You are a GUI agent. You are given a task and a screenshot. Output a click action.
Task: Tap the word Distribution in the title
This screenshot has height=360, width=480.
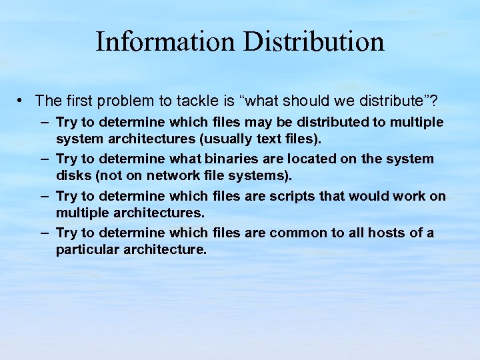[314, 41]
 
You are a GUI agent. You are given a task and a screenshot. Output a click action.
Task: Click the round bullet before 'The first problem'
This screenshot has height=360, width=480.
[22, 100]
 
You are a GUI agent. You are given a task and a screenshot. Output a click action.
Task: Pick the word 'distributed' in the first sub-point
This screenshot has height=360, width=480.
[325, 123]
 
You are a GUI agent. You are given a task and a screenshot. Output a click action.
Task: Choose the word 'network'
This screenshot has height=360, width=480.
[171, 176]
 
